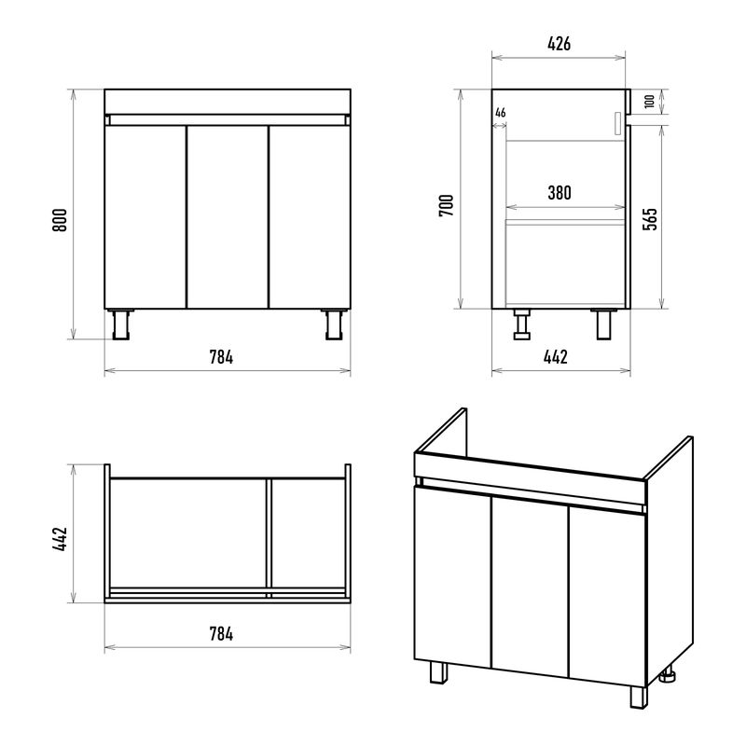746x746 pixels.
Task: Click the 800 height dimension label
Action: pos(60,220)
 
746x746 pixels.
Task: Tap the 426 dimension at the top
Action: pos(559,44)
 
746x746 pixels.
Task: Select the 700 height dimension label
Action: pos(447,205)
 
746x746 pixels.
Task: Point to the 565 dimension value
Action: pos(650,219)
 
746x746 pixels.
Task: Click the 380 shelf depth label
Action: pos(559,193)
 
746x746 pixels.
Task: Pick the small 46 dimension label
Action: pos(500,113)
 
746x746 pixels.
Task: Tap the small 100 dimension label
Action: pos(649,102)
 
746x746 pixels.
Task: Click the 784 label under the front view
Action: pos(221,357)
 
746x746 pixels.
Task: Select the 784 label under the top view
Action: pos(221,634)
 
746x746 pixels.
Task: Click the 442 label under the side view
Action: pos(555,357)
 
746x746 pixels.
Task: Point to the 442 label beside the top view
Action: pos(60,539)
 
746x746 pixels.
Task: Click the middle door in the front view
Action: pos(228,217)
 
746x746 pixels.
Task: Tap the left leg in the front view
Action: pos(121,325)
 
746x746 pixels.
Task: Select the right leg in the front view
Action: pos(335,325)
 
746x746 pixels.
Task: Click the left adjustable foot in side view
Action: pos(522,325)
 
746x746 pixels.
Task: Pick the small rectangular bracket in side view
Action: pos(617,124)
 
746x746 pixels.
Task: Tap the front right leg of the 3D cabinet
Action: pos(639,697)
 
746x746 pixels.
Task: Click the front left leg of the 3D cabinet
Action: pos(438,672)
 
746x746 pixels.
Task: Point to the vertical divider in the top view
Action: pos(269,538)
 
